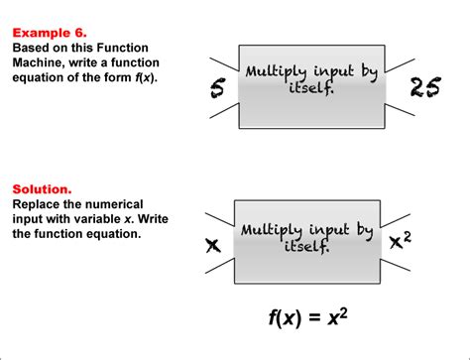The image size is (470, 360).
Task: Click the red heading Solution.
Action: [41, 187]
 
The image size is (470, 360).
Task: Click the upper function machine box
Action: [310, 85]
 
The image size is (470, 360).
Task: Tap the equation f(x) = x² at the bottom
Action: [307, 318]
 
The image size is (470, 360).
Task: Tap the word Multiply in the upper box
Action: [275, 72]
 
